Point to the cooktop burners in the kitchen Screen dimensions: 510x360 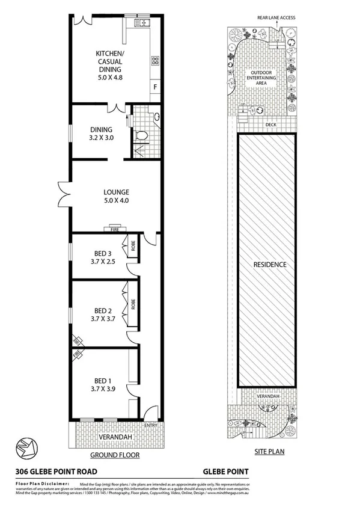click(x=155, y=60)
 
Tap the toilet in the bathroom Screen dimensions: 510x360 click(x=142, y=135)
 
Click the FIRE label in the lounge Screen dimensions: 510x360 click(x=113, y=229)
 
